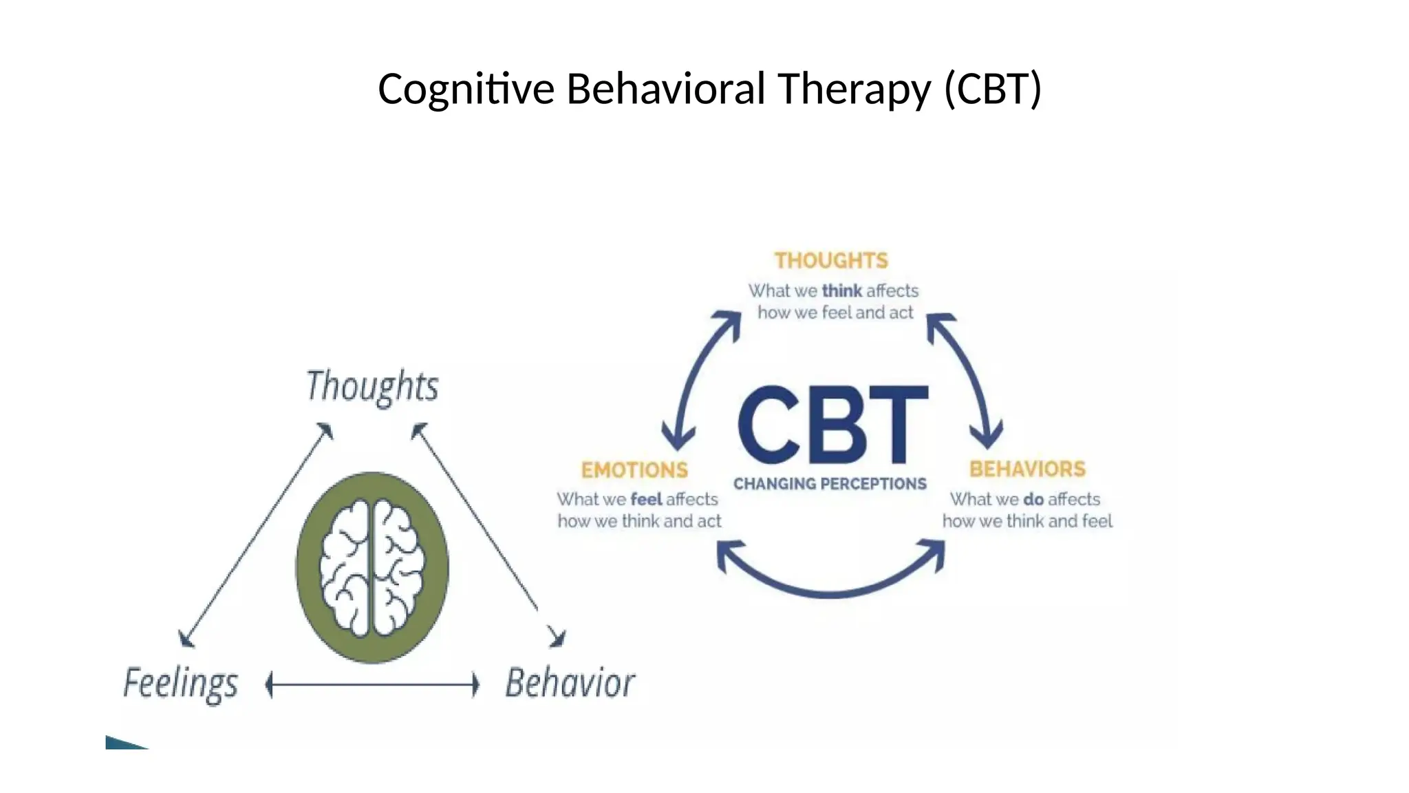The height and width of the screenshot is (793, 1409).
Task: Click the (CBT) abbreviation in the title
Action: [993, 89]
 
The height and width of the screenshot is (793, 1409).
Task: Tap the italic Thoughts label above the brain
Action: [372, 386]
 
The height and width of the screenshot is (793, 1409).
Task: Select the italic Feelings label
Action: [181, 684]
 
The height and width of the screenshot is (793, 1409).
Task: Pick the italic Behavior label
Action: [570, 684]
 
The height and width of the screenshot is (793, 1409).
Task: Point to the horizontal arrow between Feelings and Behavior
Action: [372, 685]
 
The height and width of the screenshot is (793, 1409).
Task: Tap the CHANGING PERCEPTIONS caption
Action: [830, 484]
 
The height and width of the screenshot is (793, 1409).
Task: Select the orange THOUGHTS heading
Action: [831, 261]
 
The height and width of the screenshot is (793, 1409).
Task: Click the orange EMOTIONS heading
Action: [634, 470]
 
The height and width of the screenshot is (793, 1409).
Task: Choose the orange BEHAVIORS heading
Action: [1027, 469]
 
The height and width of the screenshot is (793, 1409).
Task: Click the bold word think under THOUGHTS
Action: [841, 291]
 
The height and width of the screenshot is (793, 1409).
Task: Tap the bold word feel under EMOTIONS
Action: [646, 499]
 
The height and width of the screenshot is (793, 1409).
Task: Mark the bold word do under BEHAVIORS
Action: [1033, 499]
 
